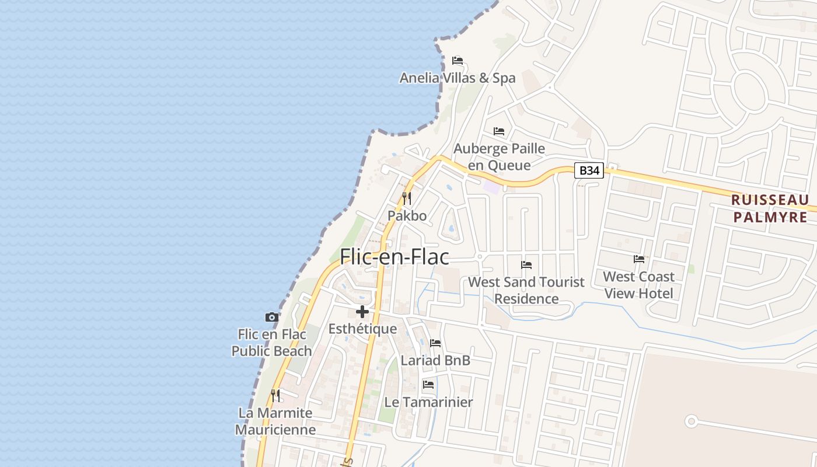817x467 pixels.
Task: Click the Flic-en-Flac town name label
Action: click(x=394, y=257)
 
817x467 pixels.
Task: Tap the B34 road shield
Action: click(x=589, y=170)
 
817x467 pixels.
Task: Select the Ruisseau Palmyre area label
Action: click(x=770, y=208)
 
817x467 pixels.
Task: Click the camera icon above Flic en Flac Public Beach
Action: click(x=271, y=318)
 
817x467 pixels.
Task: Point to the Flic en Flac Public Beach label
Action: click(x=272, y=343)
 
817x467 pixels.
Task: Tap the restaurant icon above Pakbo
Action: click(x=407, y=198)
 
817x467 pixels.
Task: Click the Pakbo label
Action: click(x=407, y=215)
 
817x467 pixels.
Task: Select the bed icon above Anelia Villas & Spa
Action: click(x=458, y=61)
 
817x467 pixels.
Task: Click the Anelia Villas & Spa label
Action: click(x=458, y=78)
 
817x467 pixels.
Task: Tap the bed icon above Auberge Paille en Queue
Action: click(x=499, y=131)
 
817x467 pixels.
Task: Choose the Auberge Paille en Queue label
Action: click(x=500, y=156)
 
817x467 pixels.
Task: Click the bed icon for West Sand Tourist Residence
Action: click(x=526, y=265)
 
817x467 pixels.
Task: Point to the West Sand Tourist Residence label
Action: click(x=526, y=290)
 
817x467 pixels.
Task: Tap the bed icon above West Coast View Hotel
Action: click(x=639, y=259)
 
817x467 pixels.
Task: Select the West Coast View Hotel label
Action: click(x=639, y=284)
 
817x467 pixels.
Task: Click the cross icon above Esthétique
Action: click(x=362, y=312)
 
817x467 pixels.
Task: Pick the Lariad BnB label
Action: click(x=435, y=360)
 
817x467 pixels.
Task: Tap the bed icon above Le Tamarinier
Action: click(x=428, y=385)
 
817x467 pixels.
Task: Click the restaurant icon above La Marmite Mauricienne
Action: click(x=275, y=396)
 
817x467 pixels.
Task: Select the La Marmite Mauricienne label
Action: click(x=275, y=421)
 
